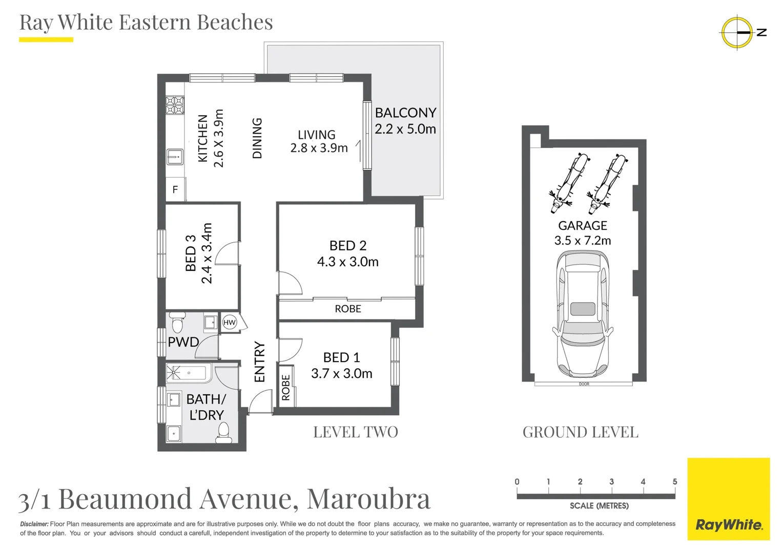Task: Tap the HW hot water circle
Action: pos(229,322)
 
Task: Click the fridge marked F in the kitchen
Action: pos(175,189)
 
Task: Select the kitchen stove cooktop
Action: pos(175,105)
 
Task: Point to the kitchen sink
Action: pos(175,157)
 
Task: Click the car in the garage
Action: pos(583,314)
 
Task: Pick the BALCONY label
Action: pos(405,113)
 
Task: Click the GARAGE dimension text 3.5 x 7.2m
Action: pos(583,241)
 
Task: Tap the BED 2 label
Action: pos(348,246)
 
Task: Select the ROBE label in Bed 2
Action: pos(348,309)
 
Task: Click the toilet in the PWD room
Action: pos(177,322)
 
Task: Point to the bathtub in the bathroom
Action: pos(189,373)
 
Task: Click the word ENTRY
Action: pos(259,362)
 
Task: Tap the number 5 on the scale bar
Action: pos(675,482)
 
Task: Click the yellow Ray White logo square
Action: pos(729,499)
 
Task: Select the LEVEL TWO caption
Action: pos(356,432)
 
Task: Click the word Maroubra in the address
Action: pos(368,499)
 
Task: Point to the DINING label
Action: pos(257,138)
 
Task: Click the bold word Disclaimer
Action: pos(34,524)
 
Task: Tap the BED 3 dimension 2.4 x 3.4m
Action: pos(207,253)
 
